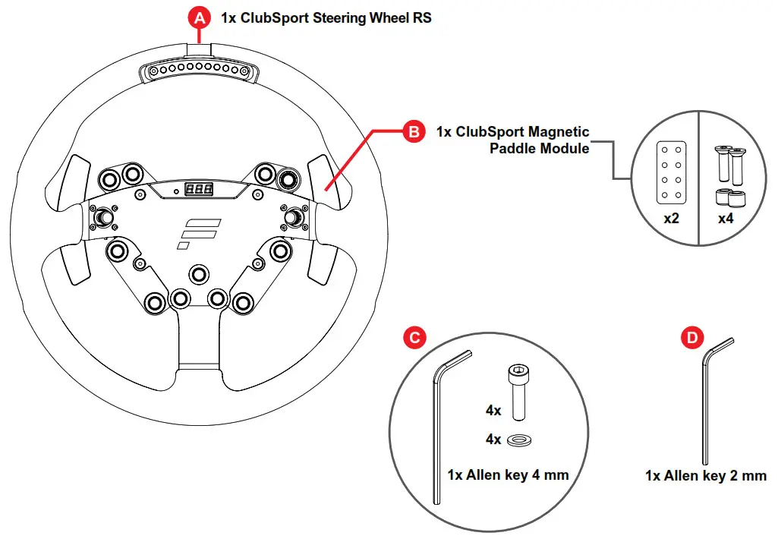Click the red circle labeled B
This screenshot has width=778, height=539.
414,131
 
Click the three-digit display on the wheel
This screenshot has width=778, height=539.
198,190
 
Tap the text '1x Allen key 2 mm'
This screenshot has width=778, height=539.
706,476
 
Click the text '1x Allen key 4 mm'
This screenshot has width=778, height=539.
508,475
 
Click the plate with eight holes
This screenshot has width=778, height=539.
670,172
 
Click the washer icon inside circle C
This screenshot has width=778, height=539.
519,440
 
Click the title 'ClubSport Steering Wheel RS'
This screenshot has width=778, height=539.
326,17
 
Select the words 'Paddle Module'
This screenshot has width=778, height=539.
539,149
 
